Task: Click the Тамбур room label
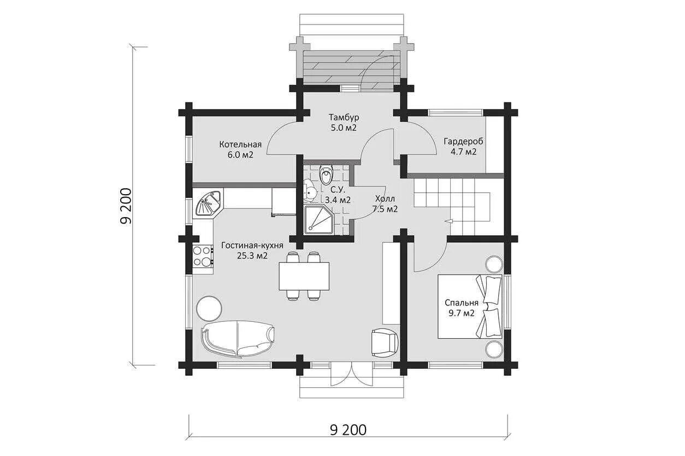(x=344, y=117)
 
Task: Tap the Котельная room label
(x=240, y=144)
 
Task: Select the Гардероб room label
(x=464, y=142)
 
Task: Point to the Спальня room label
(x=462, y=303)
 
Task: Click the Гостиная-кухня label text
(x=252, y=245)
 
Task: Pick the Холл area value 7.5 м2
(x=385, y=209)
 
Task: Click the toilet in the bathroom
(x=326, y=175)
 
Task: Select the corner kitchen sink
(x=208, y=203)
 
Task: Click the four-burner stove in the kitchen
(x=203, y=256)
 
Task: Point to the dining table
(x=304, y=276)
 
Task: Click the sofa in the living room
(x=238, y=338)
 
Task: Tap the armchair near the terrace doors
(x=385, y=343)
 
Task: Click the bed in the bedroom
(x=470, y=307)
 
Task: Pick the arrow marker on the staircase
(x=449, y=220)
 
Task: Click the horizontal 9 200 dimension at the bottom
(x=348, y=430)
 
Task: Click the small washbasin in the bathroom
(x=311, y=191)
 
